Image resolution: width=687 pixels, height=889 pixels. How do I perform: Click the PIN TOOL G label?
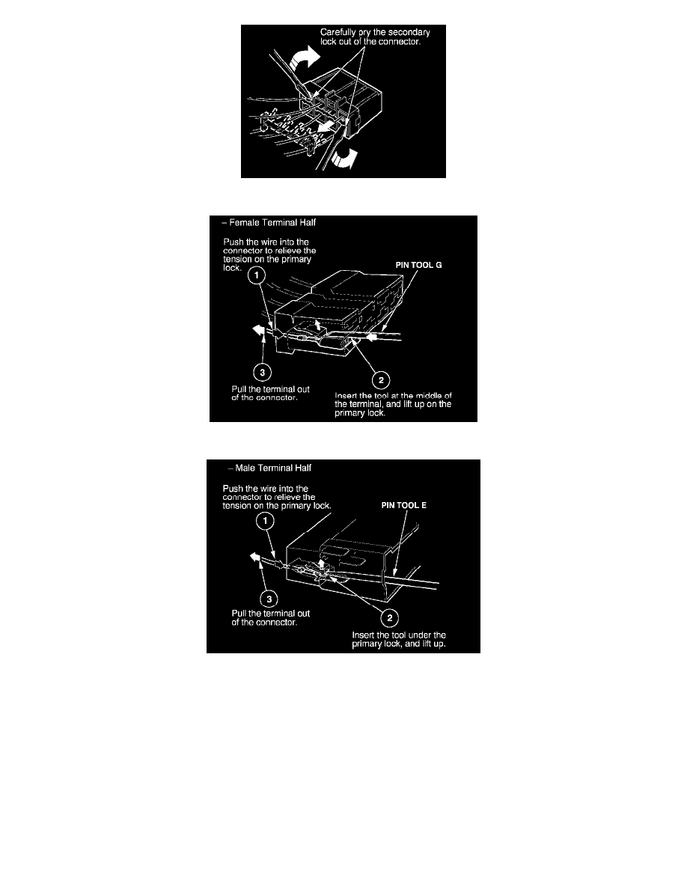[x=418, y=265]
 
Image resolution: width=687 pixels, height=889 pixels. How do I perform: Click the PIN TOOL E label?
[x=403, y=505]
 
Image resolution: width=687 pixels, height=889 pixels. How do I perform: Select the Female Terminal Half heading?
[x=269, y=223]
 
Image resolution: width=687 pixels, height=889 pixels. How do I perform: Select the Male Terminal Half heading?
[x=269, y=468]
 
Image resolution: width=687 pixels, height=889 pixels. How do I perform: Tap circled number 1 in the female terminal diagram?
[x=257, y=275]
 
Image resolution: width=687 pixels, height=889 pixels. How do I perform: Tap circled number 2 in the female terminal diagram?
[x=381, y=380]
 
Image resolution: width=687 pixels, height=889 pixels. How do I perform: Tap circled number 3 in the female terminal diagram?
[x=262, y=373]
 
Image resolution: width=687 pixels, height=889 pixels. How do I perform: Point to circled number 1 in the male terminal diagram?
[x=265, y=521]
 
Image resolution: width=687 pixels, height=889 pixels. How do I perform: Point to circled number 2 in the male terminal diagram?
[x=389, y=618]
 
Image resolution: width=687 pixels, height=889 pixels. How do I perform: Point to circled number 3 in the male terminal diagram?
[x=269, y=599]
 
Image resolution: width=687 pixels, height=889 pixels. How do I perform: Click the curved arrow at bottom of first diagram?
[x=345, y=158]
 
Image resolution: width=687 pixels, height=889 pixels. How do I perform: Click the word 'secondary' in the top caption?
[x=410, y=32]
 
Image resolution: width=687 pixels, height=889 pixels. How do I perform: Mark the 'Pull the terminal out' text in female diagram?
[x=270, y=390]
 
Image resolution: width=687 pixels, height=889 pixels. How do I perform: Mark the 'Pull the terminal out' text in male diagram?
[x=270, y=614]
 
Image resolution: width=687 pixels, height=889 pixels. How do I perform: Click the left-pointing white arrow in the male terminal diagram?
[x=256, y=557]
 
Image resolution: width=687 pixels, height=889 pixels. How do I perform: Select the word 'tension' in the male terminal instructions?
[x=236, y=506]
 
